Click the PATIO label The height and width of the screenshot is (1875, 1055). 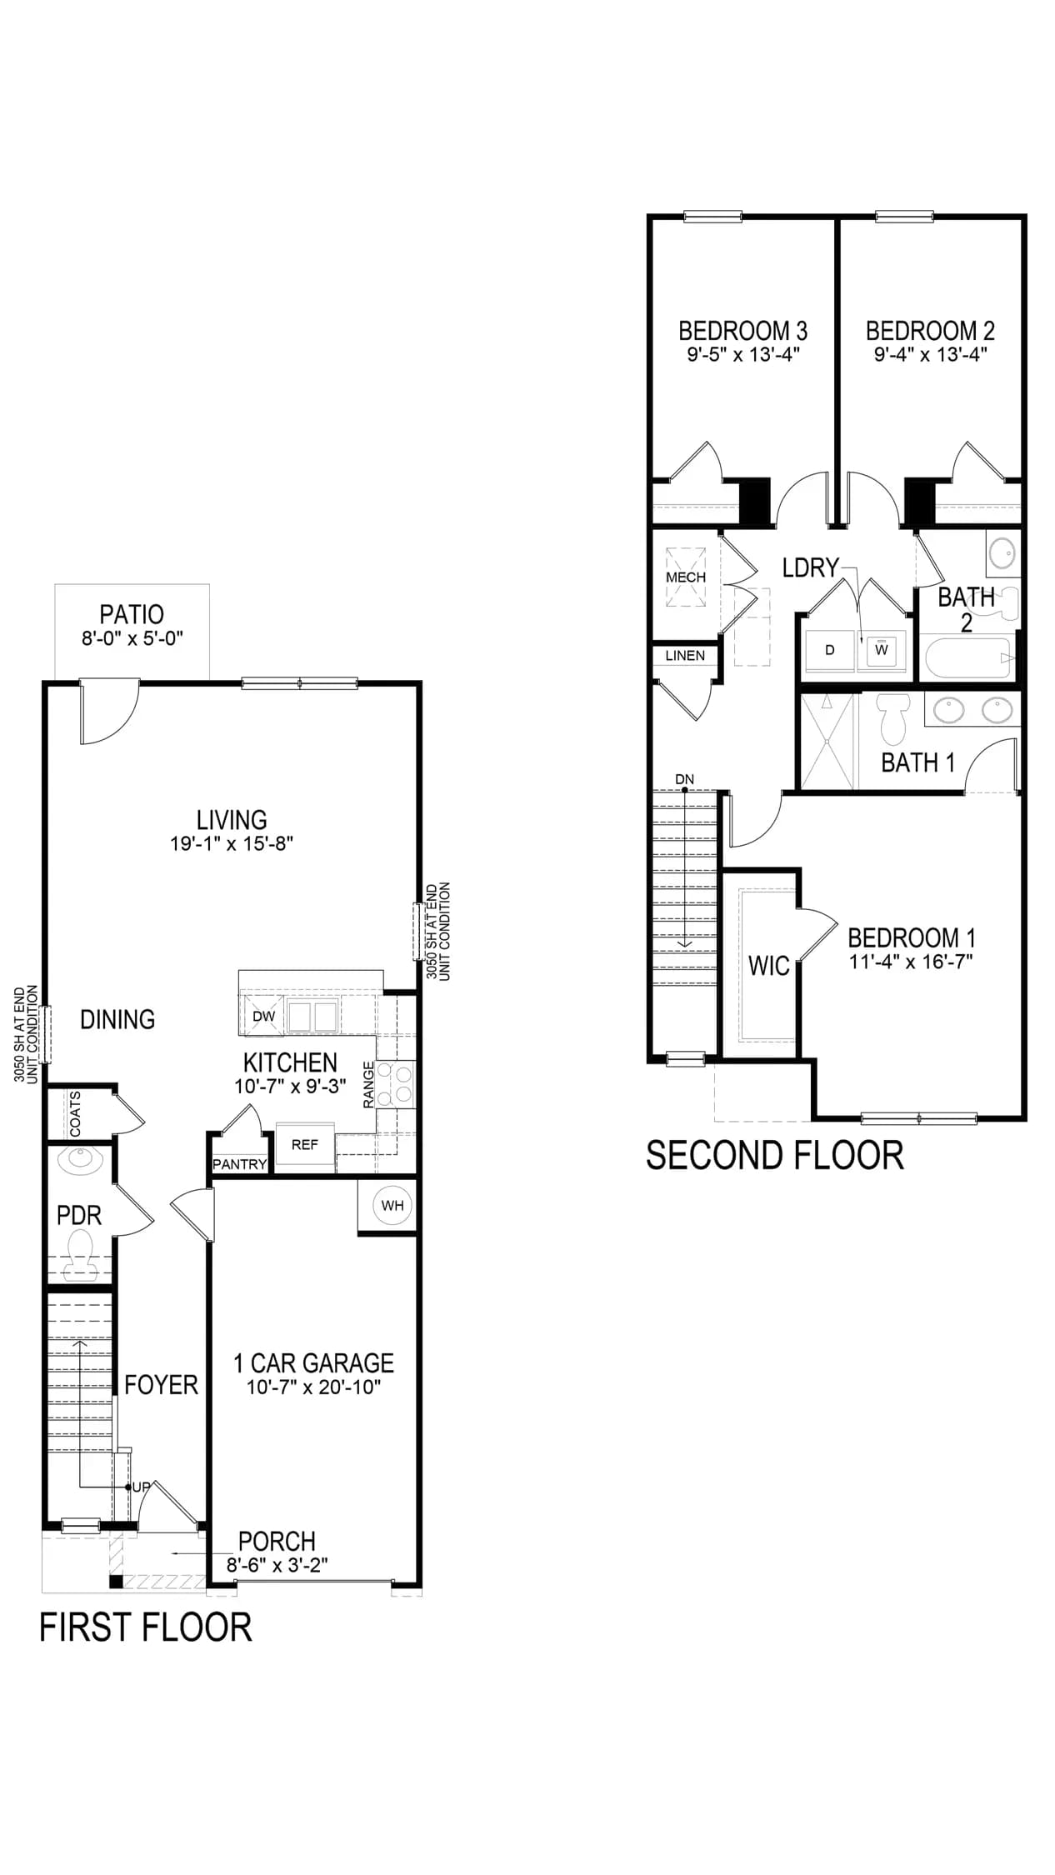[x=132, y=615]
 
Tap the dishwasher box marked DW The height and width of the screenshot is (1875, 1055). [x=263, y=1017]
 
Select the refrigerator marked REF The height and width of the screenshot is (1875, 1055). [x=305, y=1146]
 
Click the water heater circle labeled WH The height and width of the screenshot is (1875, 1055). [x=392, y=1206]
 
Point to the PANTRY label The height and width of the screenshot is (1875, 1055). [x=240, y=1164]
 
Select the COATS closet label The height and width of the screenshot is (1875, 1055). [x=76, y=1113]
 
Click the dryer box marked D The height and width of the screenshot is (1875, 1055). [x=830, y=650]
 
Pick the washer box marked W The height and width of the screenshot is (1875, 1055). [x=881, y=650]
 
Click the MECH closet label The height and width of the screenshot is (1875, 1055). [x=686, y=577]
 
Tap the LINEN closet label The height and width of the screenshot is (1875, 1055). [x=685, y=656]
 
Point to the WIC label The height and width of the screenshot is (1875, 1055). [x=768, y=966]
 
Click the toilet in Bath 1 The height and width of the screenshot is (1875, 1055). [x=892, y=722]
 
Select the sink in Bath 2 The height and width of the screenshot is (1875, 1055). [x=1004, y=552]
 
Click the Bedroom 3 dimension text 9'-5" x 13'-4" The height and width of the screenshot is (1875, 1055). [x=743, y=354]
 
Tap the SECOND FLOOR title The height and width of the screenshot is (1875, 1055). [x=775, y=1156]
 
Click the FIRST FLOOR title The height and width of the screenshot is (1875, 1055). [x=146, y=1627]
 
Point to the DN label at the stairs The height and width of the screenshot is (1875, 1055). [x=684, y=780]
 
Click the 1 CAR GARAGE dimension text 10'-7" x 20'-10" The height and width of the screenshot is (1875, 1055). [x=314, y=1387]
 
